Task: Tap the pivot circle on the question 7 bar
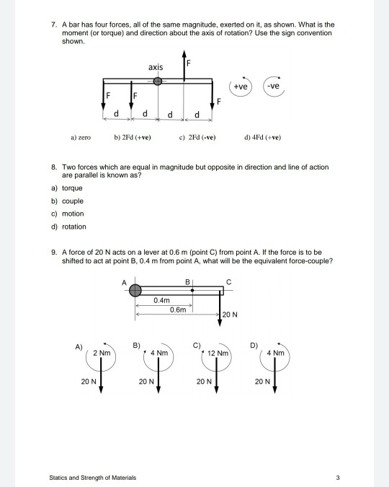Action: (158, 81)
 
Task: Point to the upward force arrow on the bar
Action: (185, 66)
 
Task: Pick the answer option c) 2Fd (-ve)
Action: (201, 136)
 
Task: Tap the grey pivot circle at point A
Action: (136, 290)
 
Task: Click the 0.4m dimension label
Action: (161, 299)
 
